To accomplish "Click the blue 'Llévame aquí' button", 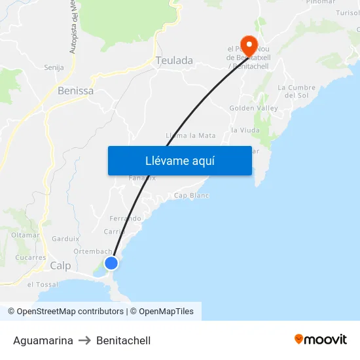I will tap(180, 160).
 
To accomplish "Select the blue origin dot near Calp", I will tap(111, 263).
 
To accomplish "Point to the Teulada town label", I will tap(174, 61).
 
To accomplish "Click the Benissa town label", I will tap(75, 91).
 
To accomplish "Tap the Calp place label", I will tap(60, 266).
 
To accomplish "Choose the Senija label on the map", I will tap(54, 67).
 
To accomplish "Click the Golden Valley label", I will tap(253, 108).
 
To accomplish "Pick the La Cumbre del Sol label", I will tap(297, 91).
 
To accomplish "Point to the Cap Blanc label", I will tap(191, 196).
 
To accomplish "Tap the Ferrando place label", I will tap(125, 219).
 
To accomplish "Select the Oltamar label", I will tap(26, 235).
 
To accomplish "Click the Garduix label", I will tap(65, 239).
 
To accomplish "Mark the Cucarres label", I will tap(31, 257).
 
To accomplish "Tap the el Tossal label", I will tap(43, 285).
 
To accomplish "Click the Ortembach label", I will tap(92, 251).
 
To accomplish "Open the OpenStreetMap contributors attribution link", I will tap(65, 312).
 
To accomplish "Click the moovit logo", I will tap(320, 340).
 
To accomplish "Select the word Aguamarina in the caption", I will tap(43, 340).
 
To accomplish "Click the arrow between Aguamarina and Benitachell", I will tap(84, 340).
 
